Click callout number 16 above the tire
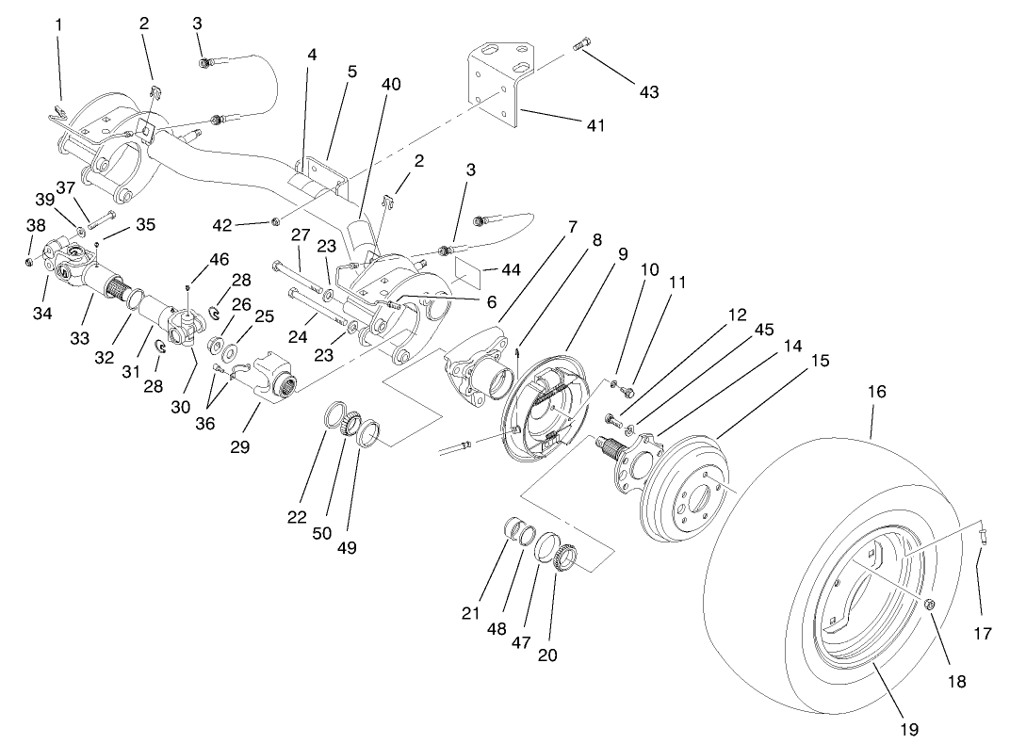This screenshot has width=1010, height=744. tap(876, 392)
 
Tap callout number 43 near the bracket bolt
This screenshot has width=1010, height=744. tap(648, 92)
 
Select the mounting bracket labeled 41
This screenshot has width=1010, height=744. tap(497, 85)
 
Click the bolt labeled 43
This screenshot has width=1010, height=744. tap(581, 44)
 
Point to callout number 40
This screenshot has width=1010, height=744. tap(391, 85)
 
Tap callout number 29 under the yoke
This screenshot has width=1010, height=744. tap(240, 447)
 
